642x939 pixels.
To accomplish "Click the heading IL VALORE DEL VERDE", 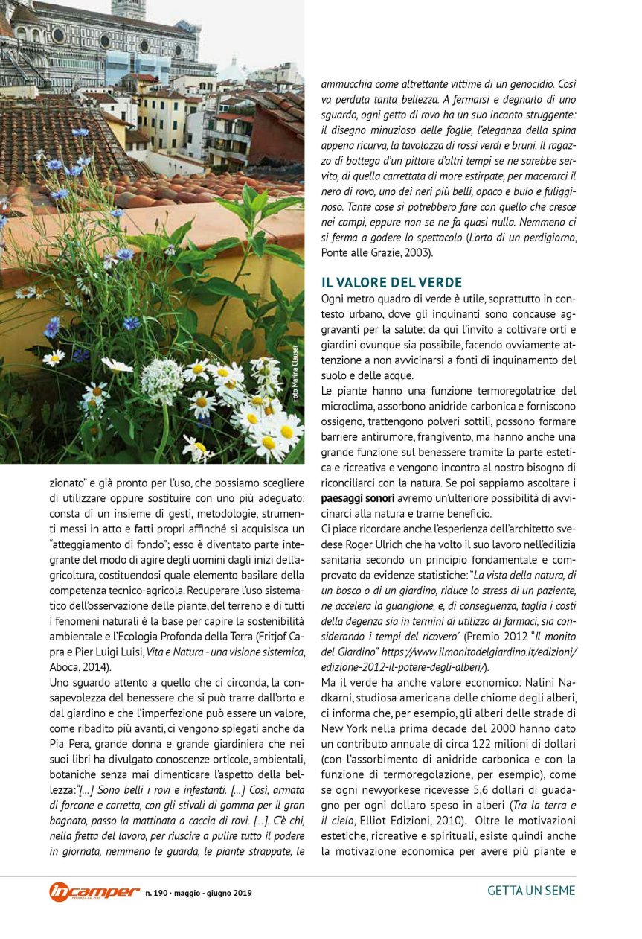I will pos(391,282).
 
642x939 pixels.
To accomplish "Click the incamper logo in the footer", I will pos(94,891).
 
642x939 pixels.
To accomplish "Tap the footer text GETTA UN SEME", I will pos(531,891).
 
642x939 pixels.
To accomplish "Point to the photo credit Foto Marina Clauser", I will pos(295,374).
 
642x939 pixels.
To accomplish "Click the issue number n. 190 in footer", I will pos(158,892).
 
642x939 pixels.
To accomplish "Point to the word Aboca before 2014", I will pos(64,666).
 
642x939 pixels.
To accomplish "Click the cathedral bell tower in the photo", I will pos(129,7).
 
